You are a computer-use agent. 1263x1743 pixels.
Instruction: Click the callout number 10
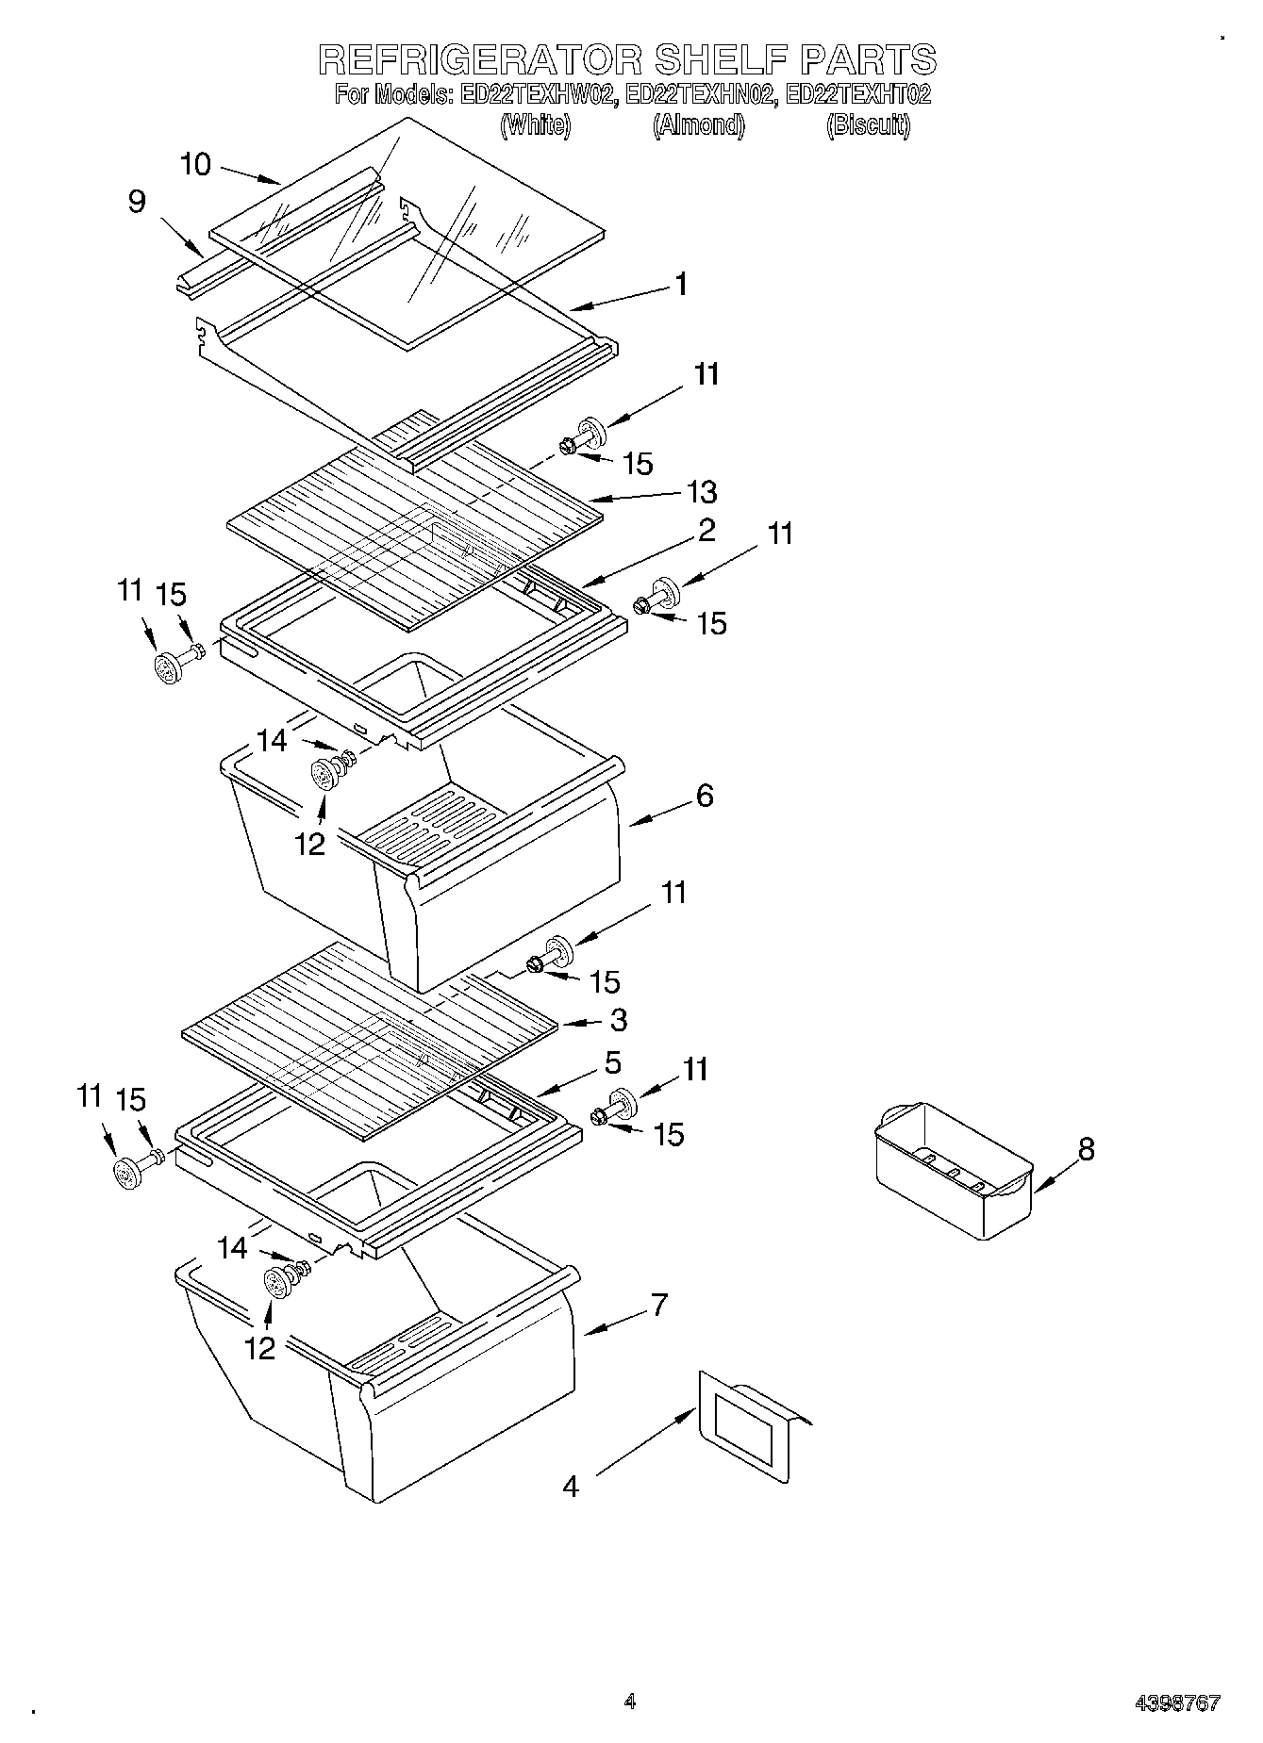pos(195,164)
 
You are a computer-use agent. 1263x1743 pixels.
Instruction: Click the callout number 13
pos(702,491)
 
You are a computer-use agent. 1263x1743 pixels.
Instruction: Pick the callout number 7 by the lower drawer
pos(659,1305)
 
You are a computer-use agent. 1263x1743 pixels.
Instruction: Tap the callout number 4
pos(570,1487)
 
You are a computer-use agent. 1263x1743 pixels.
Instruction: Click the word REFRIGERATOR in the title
pos(481,59)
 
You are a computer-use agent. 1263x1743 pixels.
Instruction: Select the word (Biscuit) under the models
pos(868,125)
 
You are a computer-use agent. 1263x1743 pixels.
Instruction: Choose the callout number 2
pos(706,530)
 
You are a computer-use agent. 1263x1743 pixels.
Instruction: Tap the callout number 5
pos(613,1062)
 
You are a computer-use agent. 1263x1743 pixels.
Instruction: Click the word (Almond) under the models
pos(698,125)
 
